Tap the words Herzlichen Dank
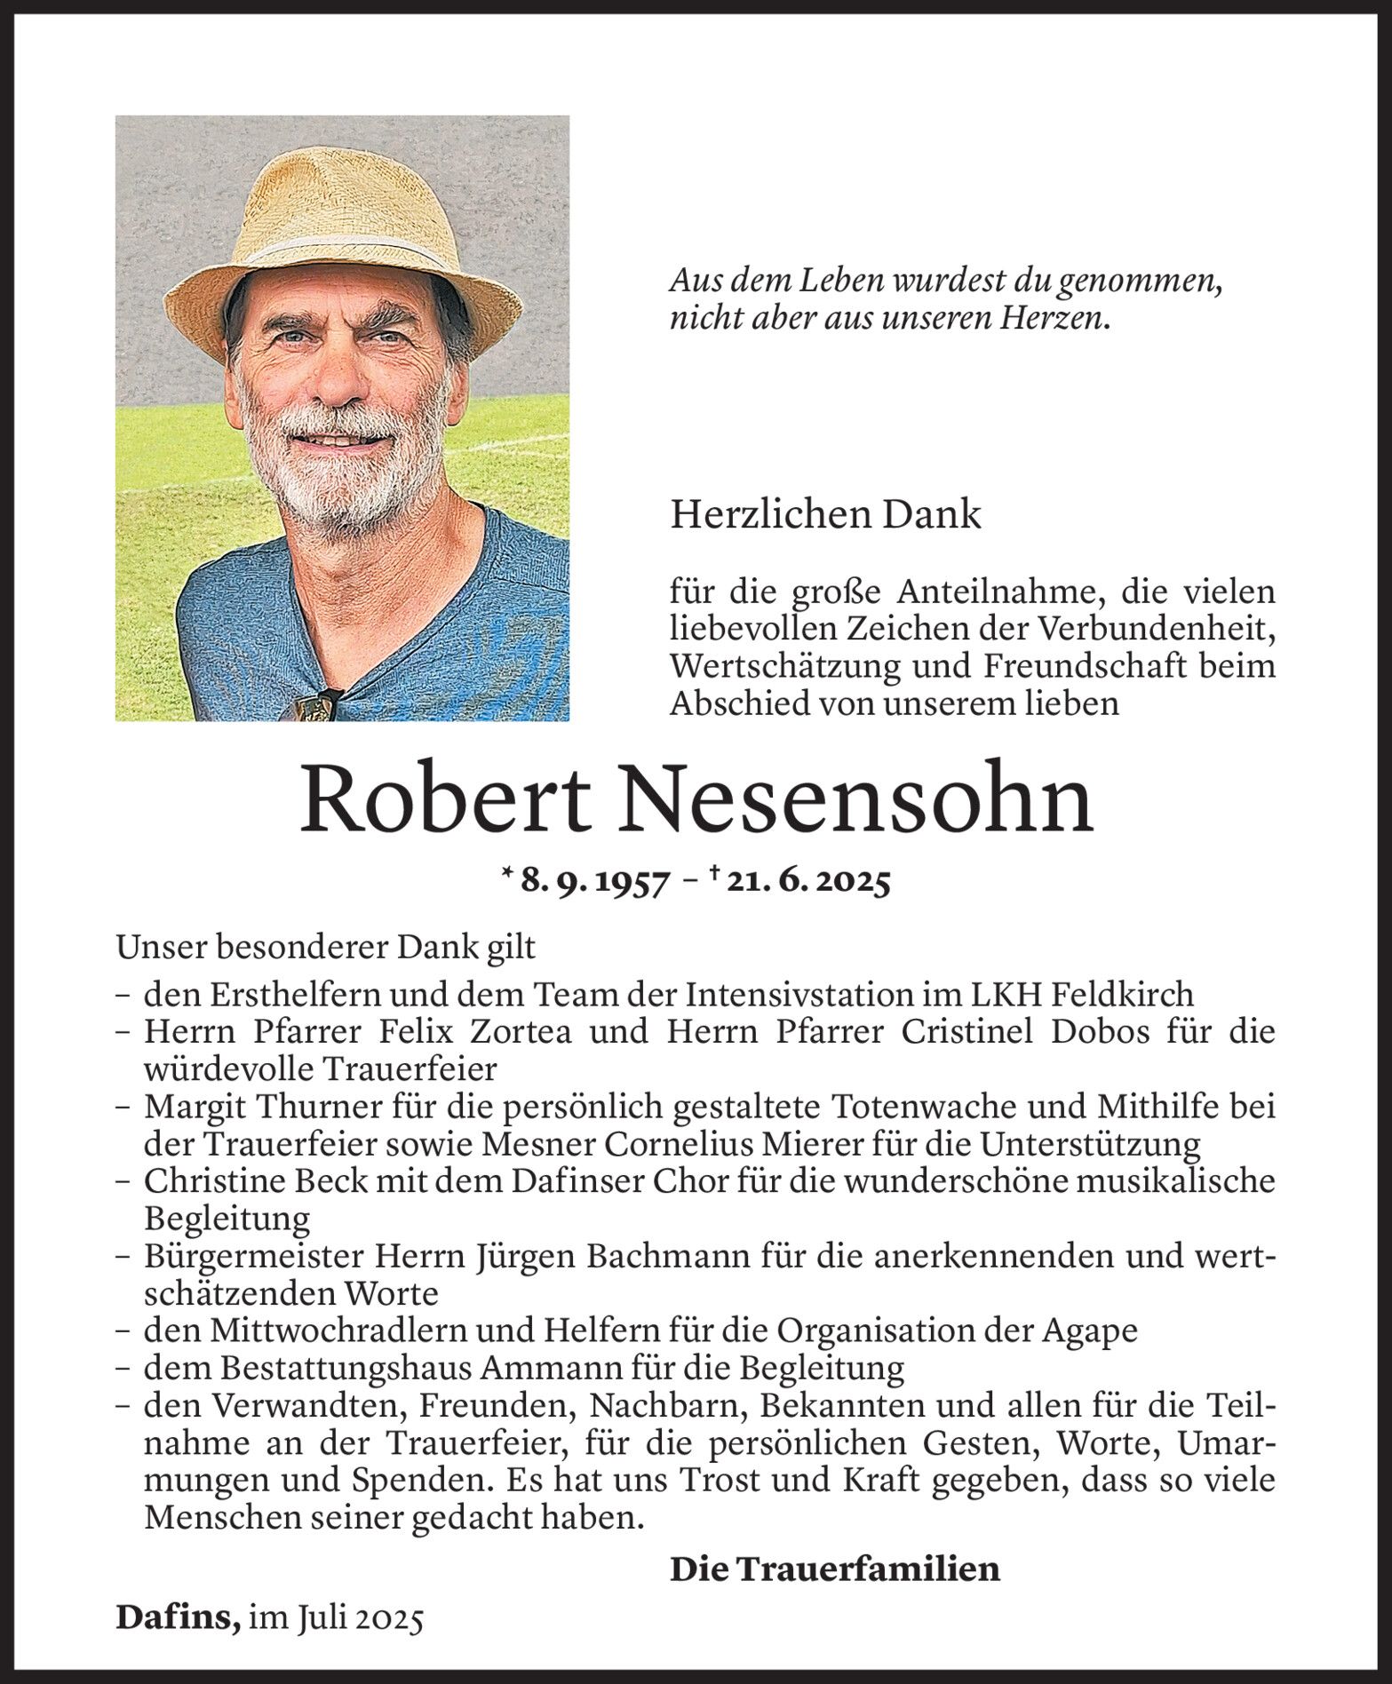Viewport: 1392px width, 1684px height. click(825, 515)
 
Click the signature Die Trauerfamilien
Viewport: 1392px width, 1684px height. click(834, 1569)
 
